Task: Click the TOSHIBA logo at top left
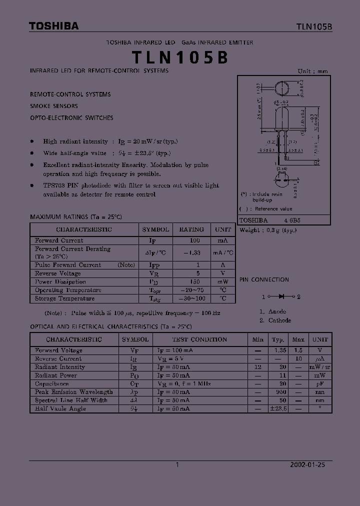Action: (x=53, y=26)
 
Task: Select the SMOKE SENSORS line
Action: (x=54, y=106)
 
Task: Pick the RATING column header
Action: (x=191, y=229)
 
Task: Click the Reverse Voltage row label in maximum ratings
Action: (x=57, y=273)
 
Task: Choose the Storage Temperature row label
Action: (x=64, y=298)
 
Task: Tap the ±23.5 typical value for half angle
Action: (x=278, y=408)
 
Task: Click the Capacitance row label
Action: (x=52, y=384)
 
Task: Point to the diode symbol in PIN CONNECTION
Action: (x=282, y=296)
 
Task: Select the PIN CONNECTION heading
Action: (x=264, y=280)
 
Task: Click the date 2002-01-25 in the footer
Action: (x=308, y=464)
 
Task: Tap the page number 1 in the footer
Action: (x=177, y=464)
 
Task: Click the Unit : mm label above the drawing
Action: (x=313, y=71)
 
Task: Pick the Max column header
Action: (x=298, y=339)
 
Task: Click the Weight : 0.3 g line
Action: (x=268, y=230)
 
